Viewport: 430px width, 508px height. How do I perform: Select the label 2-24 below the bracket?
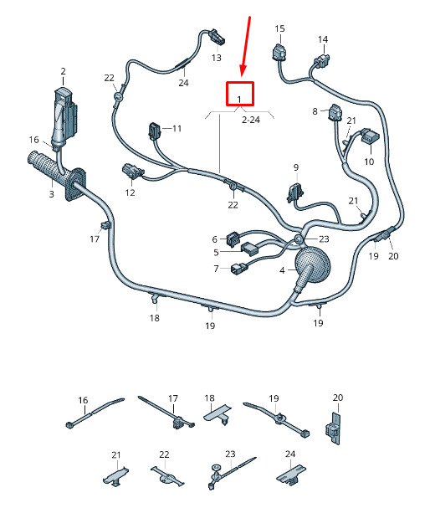(x=251, y=120)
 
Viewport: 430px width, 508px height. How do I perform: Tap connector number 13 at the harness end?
(x=218, y=37)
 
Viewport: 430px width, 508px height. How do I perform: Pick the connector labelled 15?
(x=279, y=53)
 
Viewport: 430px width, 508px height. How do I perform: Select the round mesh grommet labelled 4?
(x=311, y=263)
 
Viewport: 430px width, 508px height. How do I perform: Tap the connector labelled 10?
(x=367, y=136)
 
